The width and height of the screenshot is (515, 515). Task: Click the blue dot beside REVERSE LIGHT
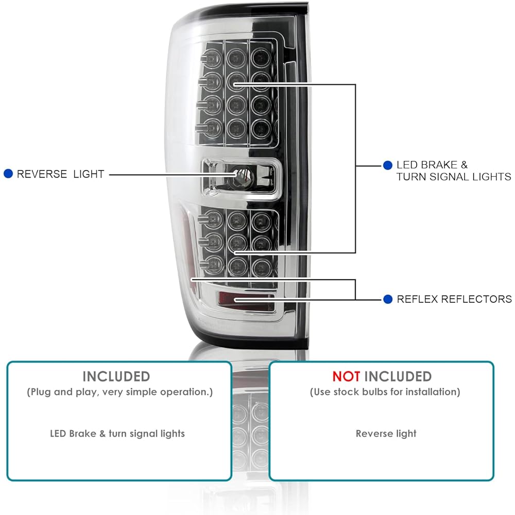[8, 174]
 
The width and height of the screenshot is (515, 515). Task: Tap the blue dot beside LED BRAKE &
[387, 165]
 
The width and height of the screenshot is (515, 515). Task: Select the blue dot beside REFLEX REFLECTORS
[387, 299]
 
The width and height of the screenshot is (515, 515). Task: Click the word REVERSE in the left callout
[42, 174]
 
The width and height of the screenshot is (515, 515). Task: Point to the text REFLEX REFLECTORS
[454, 299]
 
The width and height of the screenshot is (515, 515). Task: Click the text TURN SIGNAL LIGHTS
[453, 177]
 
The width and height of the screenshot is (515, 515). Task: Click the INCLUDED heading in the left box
[116, 376]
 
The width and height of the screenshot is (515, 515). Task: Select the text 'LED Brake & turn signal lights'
[117, 433]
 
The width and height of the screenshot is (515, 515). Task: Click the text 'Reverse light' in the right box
[386, 433]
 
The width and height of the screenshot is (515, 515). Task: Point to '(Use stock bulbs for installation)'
[385, 392]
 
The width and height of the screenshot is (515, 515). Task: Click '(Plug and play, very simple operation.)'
[120, 392]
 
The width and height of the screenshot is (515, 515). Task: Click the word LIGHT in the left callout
[89, 174]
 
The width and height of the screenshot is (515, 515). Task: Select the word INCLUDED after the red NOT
[398, 376]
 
